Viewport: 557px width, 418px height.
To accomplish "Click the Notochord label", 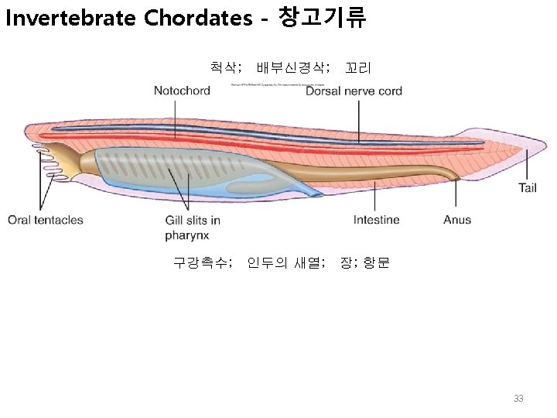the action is (182, 91).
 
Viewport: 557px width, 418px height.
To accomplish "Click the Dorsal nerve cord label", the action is (354, 91).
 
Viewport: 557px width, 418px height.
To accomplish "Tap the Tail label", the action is (528, 187).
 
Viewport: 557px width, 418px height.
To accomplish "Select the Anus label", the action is (457, 220).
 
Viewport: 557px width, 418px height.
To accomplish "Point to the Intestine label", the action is (376, 220).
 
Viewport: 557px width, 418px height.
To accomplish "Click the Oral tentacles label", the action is (46, 220).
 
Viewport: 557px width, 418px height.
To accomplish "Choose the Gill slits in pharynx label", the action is (193, 227).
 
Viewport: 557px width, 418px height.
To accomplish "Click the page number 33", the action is (518, 399).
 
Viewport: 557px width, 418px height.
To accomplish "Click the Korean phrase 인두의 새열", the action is (285, 262).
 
